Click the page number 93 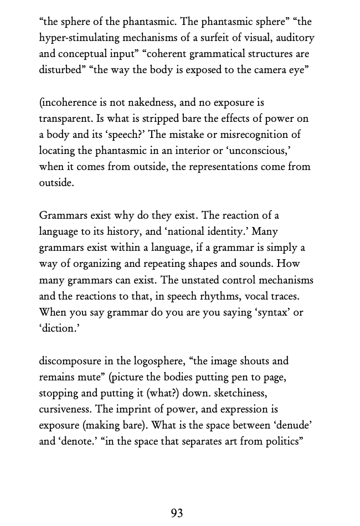click(x=177, y=513)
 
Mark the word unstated click(x=187, y=280)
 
